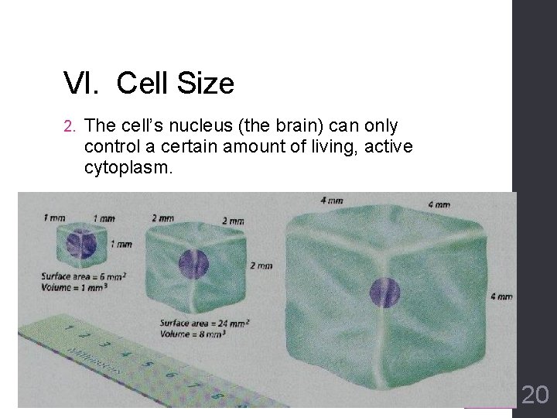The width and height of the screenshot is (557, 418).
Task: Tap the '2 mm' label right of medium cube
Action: click(x=261, y=266)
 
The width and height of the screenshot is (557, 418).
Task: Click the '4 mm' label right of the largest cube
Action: click(x=501, y=296)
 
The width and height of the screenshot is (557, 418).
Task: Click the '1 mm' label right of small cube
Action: click(x=121, y=244)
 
